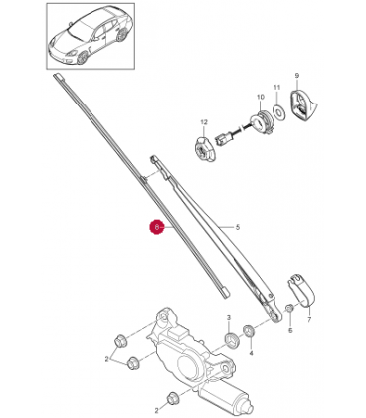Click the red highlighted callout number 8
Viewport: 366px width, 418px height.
(x=157, y=227)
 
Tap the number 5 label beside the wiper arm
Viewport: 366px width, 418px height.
(x=238, y=227)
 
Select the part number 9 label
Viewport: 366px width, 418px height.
(x=297, y=76)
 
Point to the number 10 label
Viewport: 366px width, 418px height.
(x=261, y=97)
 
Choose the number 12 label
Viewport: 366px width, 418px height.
(x=204, y=122)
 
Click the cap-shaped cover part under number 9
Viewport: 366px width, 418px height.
(x=302, y=104)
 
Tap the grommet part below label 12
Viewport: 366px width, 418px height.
(x=204, y=149)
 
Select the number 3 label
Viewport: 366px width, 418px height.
(x=229, y=318)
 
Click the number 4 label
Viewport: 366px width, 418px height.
(x=251, y=354)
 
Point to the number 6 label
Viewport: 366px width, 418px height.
(x=290, y=330)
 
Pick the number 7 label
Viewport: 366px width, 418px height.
(x=309, y=320)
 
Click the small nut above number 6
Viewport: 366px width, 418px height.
(x=289, y=308)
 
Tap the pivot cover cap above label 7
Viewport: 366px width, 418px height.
(x=300, y=290)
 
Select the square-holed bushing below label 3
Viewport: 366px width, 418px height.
(x=231, y=340)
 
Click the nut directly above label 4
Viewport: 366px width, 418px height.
(x=249, y=331)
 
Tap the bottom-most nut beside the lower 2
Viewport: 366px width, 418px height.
(x=172, y=397)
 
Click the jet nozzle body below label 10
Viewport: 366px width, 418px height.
(x=261, y=122)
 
